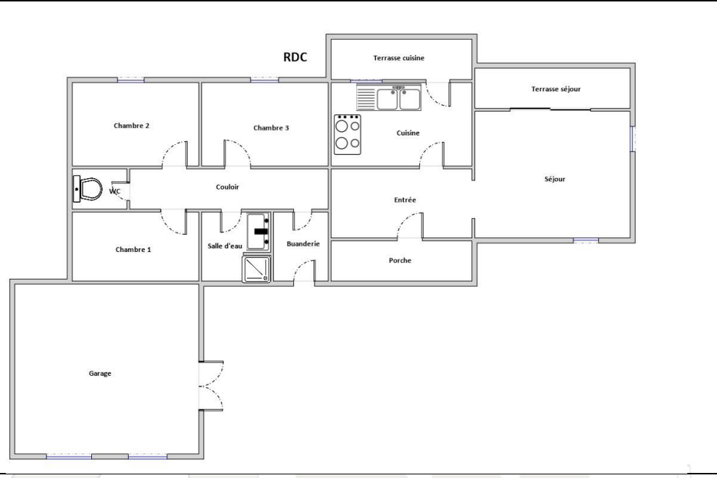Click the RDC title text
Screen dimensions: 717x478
click(x=295, y=57)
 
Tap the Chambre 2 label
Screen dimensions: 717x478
click(x=131, y=126)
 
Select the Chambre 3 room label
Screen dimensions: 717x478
click(x=271, y=128)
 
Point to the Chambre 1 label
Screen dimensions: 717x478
click(x=133, y=250)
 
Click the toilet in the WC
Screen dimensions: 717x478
click(x=88, y=189)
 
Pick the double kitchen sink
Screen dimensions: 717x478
click(x=389, y=98)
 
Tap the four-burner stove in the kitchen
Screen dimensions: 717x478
click(x=348, y=135)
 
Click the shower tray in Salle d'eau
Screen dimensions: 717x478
click(x=256, y=269)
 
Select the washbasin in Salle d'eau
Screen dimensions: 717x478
click(x=259, y=232)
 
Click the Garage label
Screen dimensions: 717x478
click(x=100, y=374)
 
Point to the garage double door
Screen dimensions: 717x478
click(x=211, y=385)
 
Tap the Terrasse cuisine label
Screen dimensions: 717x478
click(x=399, y=58)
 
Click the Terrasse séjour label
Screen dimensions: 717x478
click(x=556, y=89)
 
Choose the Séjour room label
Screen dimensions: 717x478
click(x=555, y=180)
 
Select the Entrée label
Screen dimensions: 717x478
click(x=405, y=200)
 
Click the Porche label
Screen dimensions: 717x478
click(x=400, y=261)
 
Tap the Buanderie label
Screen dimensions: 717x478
click(x=303, y=244)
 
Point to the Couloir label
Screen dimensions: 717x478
click(x=227, y=187)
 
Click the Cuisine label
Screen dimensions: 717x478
click(x=408, y=133)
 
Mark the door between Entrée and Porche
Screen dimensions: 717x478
click(x=410, y=226)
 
